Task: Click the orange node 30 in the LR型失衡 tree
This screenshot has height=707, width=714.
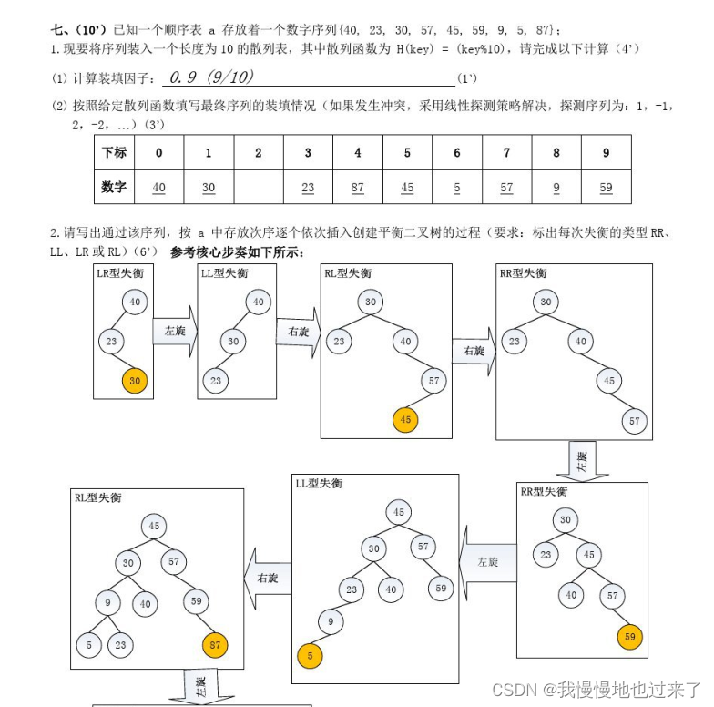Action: (x=135, y=380)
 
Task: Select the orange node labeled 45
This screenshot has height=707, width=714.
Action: (x=405, y=420)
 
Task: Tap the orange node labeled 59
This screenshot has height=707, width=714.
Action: (x=629, y=636)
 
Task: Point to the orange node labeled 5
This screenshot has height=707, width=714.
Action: (x=311, y=654)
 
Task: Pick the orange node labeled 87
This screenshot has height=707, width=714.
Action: (x=215, y=645)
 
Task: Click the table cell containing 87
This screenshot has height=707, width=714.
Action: (x=357, y=187)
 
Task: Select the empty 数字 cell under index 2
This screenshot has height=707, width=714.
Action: (x=258, y=187)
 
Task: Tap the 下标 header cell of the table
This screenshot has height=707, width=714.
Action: (x=114, y=152)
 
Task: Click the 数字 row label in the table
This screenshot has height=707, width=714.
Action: (x=114, y=187)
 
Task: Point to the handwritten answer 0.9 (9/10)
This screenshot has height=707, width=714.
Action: (x=206, y=77)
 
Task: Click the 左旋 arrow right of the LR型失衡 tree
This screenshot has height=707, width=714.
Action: (x=174, y=332)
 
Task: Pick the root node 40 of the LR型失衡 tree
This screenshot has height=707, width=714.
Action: (x=135, y=302)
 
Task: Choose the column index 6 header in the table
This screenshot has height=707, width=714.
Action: (x=457, y=152)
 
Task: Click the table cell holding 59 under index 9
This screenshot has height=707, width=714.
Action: (x=606, y=187)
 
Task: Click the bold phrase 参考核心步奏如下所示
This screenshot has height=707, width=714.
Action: (x=237, y=251)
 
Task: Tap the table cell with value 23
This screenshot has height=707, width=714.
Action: (x=308, y=187)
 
